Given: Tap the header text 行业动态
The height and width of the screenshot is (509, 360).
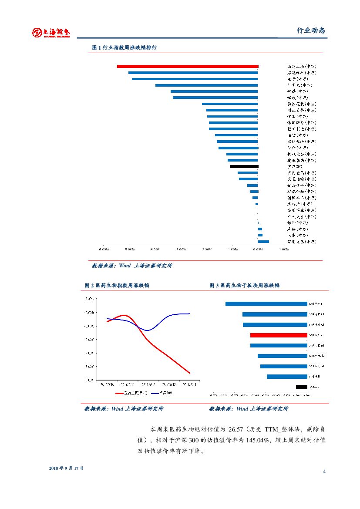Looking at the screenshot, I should [x=310, y=30].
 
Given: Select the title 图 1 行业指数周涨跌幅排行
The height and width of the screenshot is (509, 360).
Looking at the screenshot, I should [x=124, y=47].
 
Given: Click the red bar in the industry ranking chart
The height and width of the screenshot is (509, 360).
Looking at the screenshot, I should [x=187, y=66].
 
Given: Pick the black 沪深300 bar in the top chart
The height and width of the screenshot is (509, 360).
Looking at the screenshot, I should [x=244, y=166].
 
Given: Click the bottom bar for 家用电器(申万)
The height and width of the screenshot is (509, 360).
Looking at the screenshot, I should [x=263, y=241].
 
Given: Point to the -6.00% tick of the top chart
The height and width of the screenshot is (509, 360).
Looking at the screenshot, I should [x=104, y=249].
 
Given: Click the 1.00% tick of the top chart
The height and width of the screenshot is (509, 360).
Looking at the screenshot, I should [x=283, y=249].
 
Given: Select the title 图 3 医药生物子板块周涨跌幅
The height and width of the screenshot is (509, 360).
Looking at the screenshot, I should [x=244, y=285].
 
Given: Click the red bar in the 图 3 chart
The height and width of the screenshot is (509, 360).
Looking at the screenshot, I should [x=279, y=335].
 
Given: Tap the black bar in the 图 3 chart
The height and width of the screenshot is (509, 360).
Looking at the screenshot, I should [x=301, y=387].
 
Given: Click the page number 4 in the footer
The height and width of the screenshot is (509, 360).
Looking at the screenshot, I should [x=324, y=472].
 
